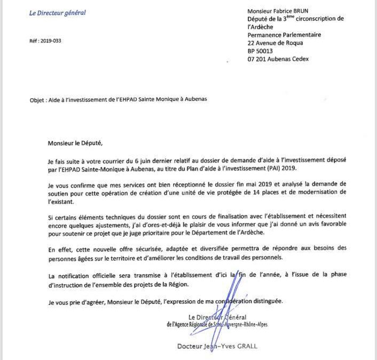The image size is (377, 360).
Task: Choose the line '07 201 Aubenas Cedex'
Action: coord(278,59)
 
